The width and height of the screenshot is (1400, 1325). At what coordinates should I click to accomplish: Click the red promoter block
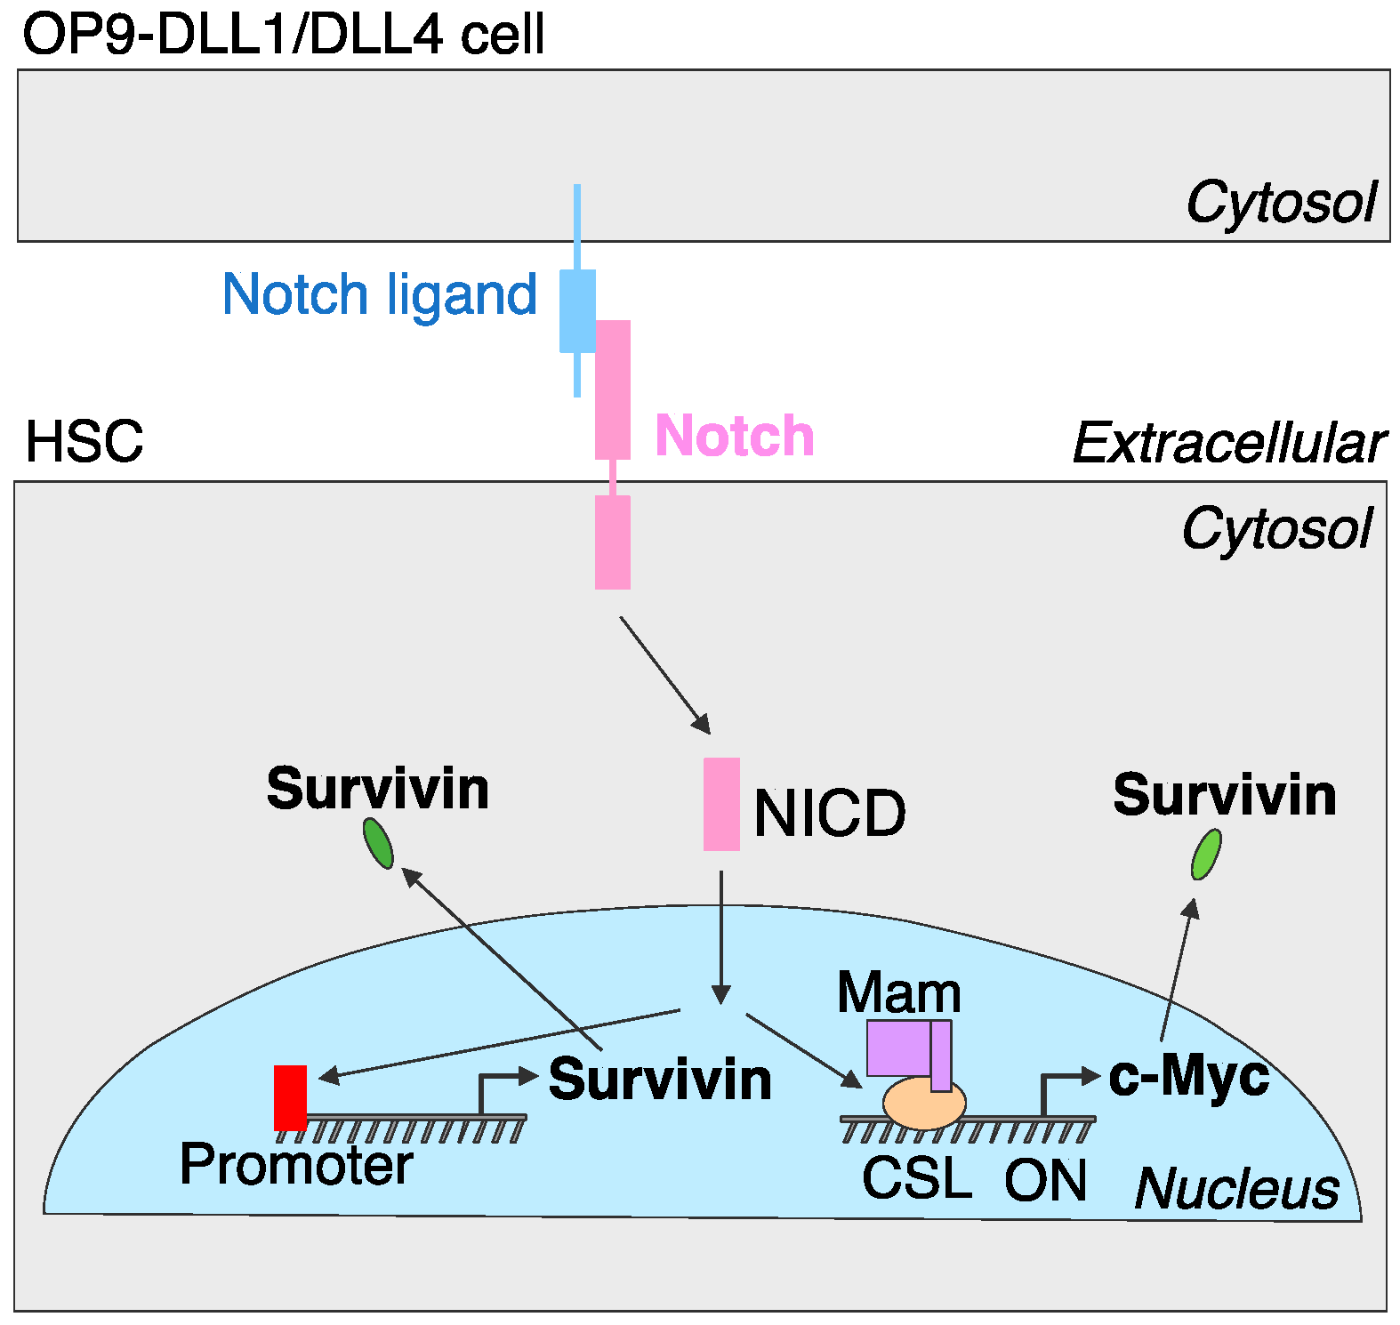[x=290, y=1096]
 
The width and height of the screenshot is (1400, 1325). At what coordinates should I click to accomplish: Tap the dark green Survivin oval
[x=378, y=843]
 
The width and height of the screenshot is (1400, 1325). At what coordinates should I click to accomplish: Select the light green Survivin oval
[x=1206, y=854]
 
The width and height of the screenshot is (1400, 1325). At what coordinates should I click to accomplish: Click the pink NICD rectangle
[x=721, y=804]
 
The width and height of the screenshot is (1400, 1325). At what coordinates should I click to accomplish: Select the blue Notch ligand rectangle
[x=576, y=310]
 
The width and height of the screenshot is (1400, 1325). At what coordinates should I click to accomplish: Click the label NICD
[x=829, y=813]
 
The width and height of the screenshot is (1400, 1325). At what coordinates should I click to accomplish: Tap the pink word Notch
[x=735, y=436]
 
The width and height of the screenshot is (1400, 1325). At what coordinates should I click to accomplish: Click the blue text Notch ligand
[x=380, y=294]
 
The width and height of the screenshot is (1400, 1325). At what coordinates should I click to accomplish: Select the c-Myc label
[x=1188, y=1076]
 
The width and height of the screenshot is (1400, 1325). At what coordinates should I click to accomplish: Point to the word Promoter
[x=296, y=1164]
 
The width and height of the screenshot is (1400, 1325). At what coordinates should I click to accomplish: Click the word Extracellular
[x=1229, y=443]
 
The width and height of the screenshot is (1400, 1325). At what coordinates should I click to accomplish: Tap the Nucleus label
[x=1236, y=1188]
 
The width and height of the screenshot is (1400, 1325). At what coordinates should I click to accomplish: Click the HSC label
[x=84, y=441]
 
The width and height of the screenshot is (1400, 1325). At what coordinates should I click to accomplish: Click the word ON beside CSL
[x=1045, y=1180]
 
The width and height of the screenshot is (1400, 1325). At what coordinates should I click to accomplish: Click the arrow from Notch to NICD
[x=664, y=674]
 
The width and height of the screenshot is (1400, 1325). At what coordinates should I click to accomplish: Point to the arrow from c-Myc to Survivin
[x=1177, y=969]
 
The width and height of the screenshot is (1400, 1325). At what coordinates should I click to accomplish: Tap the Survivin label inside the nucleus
[x=660, y=1080]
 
